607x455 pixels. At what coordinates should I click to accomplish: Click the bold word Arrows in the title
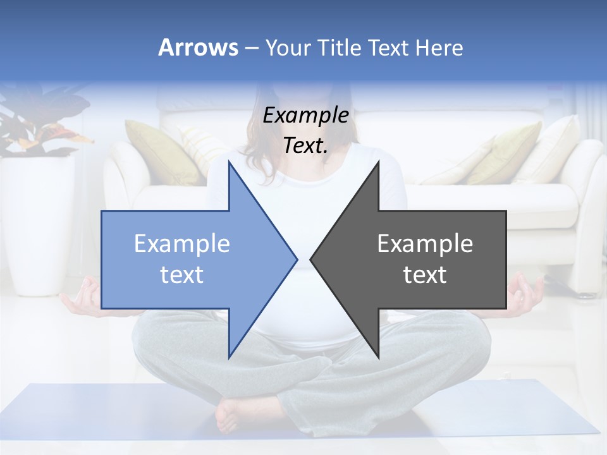point(198,47)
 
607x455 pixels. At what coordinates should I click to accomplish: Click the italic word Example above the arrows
point(305,116)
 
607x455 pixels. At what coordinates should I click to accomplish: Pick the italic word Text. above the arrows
point(305,146)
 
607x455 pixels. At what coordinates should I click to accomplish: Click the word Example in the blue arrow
point(182,244)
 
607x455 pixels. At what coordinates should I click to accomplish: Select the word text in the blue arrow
point(182,275)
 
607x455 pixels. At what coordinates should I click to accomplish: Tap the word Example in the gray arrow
point(425,244)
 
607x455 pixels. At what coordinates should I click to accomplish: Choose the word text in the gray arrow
point(425,275)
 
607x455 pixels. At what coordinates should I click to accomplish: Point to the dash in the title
point(251,48)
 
